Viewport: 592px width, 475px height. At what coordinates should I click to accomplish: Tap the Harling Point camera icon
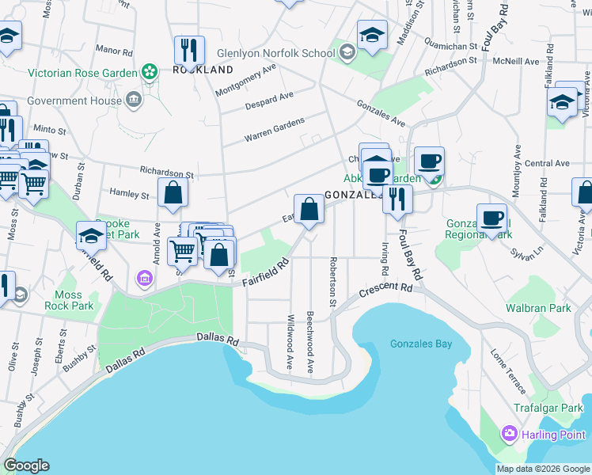click(x=509, y=434)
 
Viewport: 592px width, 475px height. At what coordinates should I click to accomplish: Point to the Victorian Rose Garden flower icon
click(x=149, y=73)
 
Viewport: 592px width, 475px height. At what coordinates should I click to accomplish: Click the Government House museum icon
click(x=133, y=101)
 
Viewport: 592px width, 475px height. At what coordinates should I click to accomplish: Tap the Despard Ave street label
click(x=269, y=100)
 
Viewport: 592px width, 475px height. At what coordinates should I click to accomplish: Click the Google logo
click(x=26, y=465)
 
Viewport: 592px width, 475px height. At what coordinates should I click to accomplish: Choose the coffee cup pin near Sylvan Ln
click(x=491, y=218)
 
